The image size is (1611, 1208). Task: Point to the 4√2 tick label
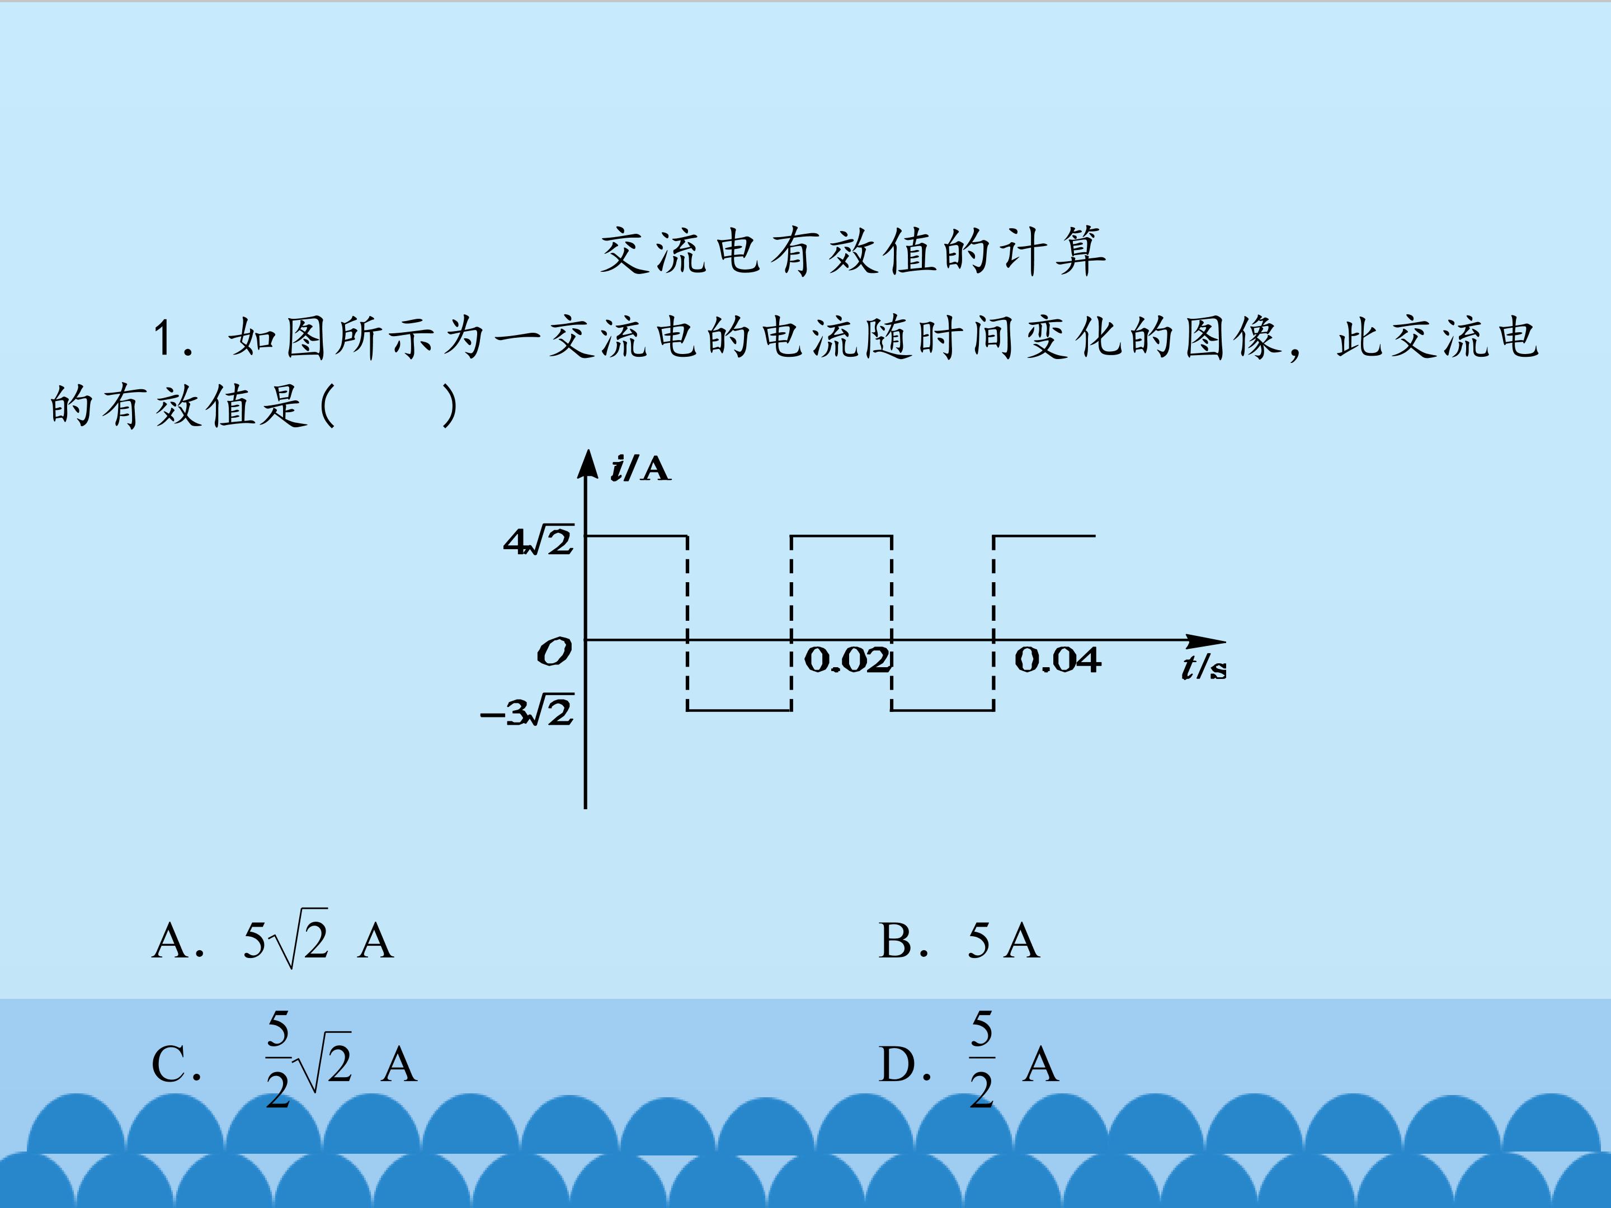coord(539,541)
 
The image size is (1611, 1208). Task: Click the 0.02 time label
coord(847,660)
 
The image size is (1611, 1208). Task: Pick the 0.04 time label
coord(1057,660)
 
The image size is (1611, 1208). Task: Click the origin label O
coord(554,652)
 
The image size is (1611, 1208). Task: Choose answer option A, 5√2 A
coord(273,940)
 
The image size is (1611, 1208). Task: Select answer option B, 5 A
coord(959,940)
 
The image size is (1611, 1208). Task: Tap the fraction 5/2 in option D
coord(982,1058)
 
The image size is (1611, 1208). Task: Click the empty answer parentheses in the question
coord(389,405)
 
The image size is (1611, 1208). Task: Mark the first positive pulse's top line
coord(637,536)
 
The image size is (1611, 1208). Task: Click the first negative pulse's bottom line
coord(739,710)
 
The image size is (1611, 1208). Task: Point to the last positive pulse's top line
coord(1044,536)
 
